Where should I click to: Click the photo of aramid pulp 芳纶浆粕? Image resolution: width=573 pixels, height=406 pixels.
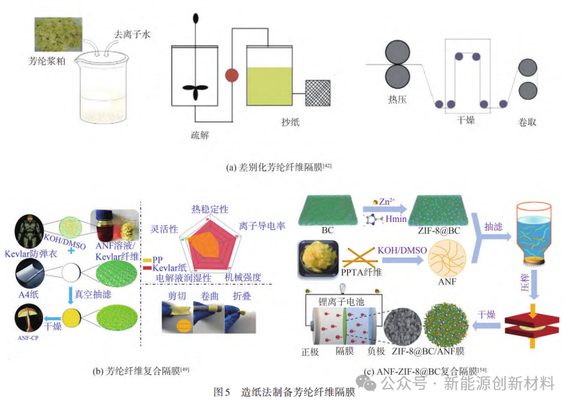point(59,31)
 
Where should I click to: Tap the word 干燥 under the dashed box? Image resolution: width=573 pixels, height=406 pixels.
point(465,119)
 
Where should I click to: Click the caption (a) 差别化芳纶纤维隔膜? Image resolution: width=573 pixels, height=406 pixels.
point(285,167)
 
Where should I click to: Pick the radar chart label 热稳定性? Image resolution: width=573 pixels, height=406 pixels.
point(209,209)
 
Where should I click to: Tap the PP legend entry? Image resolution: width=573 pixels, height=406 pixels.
point(154,259)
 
